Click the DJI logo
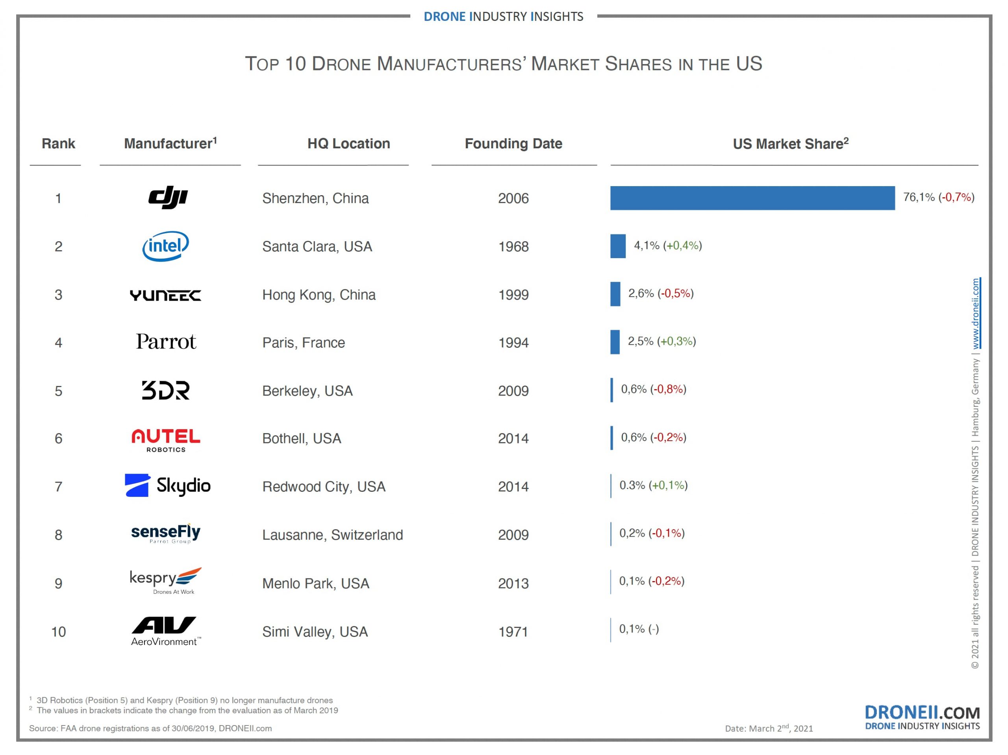[168, 198]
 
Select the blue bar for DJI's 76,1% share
[752, 198]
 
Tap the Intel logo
[165, 246]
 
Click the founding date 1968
[513, 246]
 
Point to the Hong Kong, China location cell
[319, 295]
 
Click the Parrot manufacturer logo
[166, 342]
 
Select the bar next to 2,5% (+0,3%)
[615, 342]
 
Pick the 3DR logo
[165, 390]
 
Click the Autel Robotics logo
[165, 439]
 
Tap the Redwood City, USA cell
[324, 486]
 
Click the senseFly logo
[165, 533]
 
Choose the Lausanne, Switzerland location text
[332, 535]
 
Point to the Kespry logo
[165, 581]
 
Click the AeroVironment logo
[165, 631]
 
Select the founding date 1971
[513, 631]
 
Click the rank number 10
[58, 631]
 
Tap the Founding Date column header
[513, 144]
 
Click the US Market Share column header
[790, 144]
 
